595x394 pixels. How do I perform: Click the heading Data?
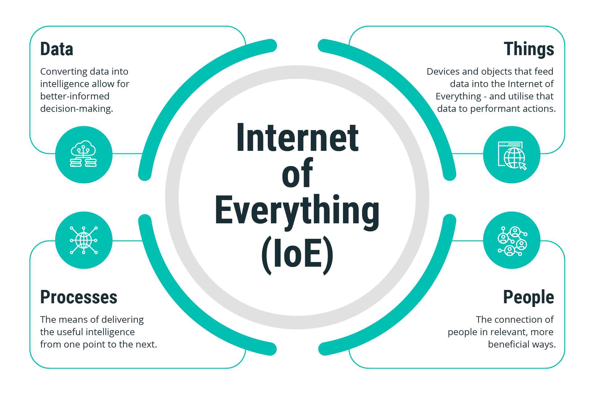[x=57, y=49]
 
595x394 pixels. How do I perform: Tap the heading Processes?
[x=79, y=297]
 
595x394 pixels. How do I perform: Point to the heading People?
[x=528, y=298]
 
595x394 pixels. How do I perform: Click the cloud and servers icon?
[x=83, y=154]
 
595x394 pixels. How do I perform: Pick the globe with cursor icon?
[x=512, y=155]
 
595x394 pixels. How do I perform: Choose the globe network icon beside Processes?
[x=84, y=240]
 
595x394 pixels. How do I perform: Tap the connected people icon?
[x=513, y=241]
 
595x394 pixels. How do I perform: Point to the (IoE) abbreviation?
[x=297, y=255]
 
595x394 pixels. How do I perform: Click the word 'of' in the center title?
[x=297, y=173]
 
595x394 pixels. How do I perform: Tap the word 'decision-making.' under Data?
[x=77, y=109]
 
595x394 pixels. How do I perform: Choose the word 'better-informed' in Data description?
[x=75, y=96]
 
